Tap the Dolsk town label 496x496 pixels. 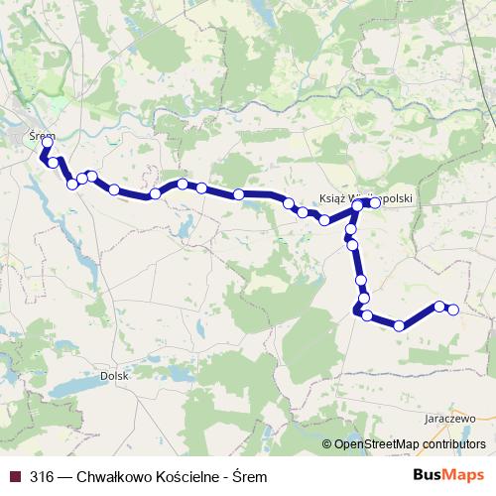115,376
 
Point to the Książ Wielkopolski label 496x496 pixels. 367,197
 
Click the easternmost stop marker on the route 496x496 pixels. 453,310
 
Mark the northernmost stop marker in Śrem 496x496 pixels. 48,142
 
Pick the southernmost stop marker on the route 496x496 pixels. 399,325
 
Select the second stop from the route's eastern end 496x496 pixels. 438,306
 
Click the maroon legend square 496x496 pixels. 14,476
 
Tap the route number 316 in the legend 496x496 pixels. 42,476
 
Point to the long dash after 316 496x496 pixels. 64,476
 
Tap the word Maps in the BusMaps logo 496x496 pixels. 464,475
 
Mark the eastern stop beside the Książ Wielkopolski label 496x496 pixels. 375,202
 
